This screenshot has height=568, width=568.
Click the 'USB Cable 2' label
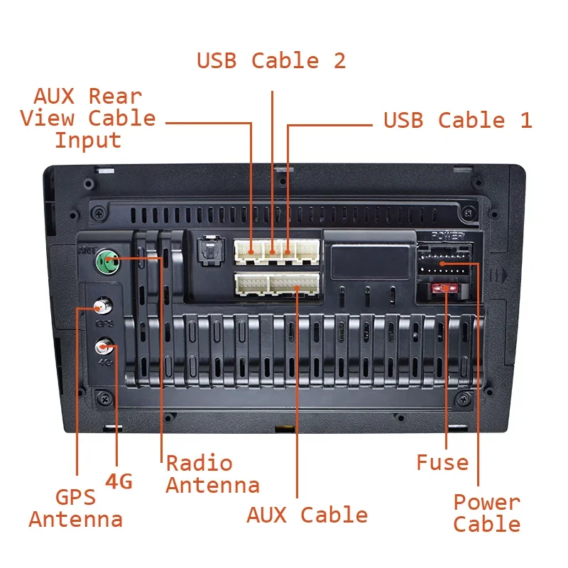(271, 60)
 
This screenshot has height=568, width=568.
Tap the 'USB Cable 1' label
(458, 120)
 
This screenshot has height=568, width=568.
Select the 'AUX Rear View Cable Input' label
(87, 119)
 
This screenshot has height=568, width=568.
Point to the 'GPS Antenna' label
(76, 508)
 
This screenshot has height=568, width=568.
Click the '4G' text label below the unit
(119, 481)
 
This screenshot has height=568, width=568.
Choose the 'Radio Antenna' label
(212, 474)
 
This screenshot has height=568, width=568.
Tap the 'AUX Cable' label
(307, 515)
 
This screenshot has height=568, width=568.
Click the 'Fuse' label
(442, 463)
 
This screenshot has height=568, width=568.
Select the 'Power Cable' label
(487, 513)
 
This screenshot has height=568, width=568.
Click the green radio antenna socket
(108, 261)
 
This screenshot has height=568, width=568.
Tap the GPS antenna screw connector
(103, 307)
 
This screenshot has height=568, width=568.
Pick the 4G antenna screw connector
(104, 346)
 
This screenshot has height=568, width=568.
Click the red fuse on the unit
(444, 289)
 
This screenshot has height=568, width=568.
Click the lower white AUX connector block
(277, 285)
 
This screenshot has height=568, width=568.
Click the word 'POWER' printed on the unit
(448, 236)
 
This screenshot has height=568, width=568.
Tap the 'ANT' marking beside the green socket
(87, 250)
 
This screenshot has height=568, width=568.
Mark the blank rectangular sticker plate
(370, 261)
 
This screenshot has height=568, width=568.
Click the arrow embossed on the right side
(502, 275)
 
